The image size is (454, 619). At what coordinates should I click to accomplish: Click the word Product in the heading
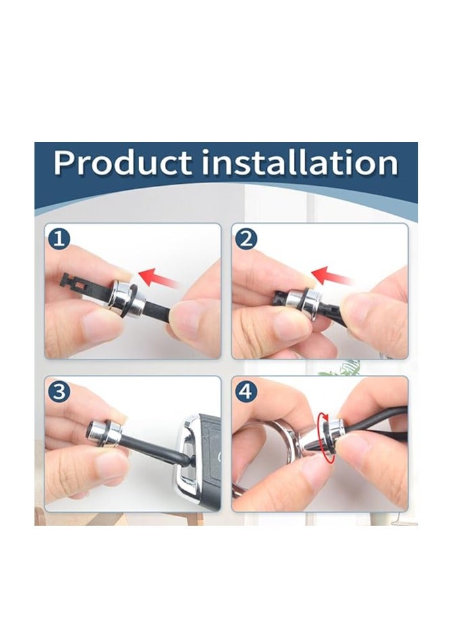click(122, 163)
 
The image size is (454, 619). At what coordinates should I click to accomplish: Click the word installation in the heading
click(300, 163)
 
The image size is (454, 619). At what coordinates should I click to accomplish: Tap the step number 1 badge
click(59, 239)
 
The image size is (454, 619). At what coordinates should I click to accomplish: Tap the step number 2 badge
click(246, 239)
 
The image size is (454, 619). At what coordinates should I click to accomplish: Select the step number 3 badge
click(59, 392)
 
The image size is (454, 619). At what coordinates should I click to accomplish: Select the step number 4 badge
click(246, 392)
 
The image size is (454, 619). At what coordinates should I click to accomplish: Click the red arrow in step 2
click(331, 275)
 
